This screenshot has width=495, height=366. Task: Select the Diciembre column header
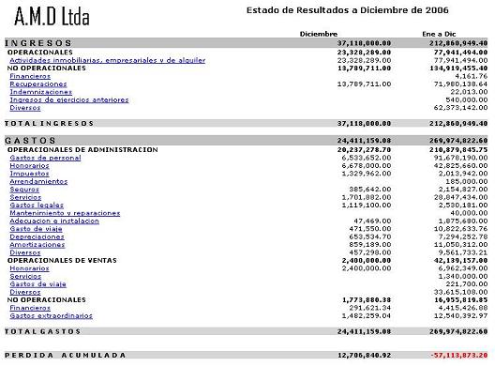click(318, 34)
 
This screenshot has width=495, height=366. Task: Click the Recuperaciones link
click(32, 84)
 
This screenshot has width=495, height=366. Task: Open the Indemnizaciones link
click(35, 92)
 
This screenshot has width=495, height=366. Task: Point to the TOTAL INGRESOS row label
click(39, 123)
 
